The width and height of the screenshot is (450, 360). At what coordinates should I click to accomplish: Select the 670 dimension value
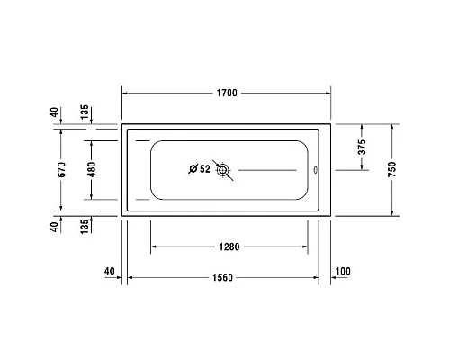pos(61,168)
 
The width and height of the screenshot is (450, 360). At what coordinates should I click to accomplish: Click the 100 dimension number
pos(342,271)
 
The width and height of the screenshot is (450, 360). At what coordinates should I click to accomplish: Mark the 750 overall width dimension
pos(393,168)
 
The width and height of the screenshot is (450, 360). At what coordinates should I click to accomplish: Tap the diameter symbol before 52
pos(192,168)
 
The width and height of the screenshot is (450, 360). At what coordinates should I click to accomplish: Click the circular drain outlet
pos(224,168)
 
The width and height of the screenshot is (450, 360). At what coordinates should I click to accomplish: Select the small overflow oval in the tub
pos(314,168)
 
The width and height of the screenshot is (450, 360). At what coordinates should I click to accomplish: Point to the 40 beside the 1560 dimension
pos(110,271)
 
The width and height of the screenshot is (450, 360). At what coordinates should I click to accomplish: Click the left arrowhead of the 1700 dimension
pos(125,93)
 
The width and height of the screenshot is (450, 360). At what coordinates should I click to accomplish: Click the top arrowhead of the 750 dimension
pos(393,127)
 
